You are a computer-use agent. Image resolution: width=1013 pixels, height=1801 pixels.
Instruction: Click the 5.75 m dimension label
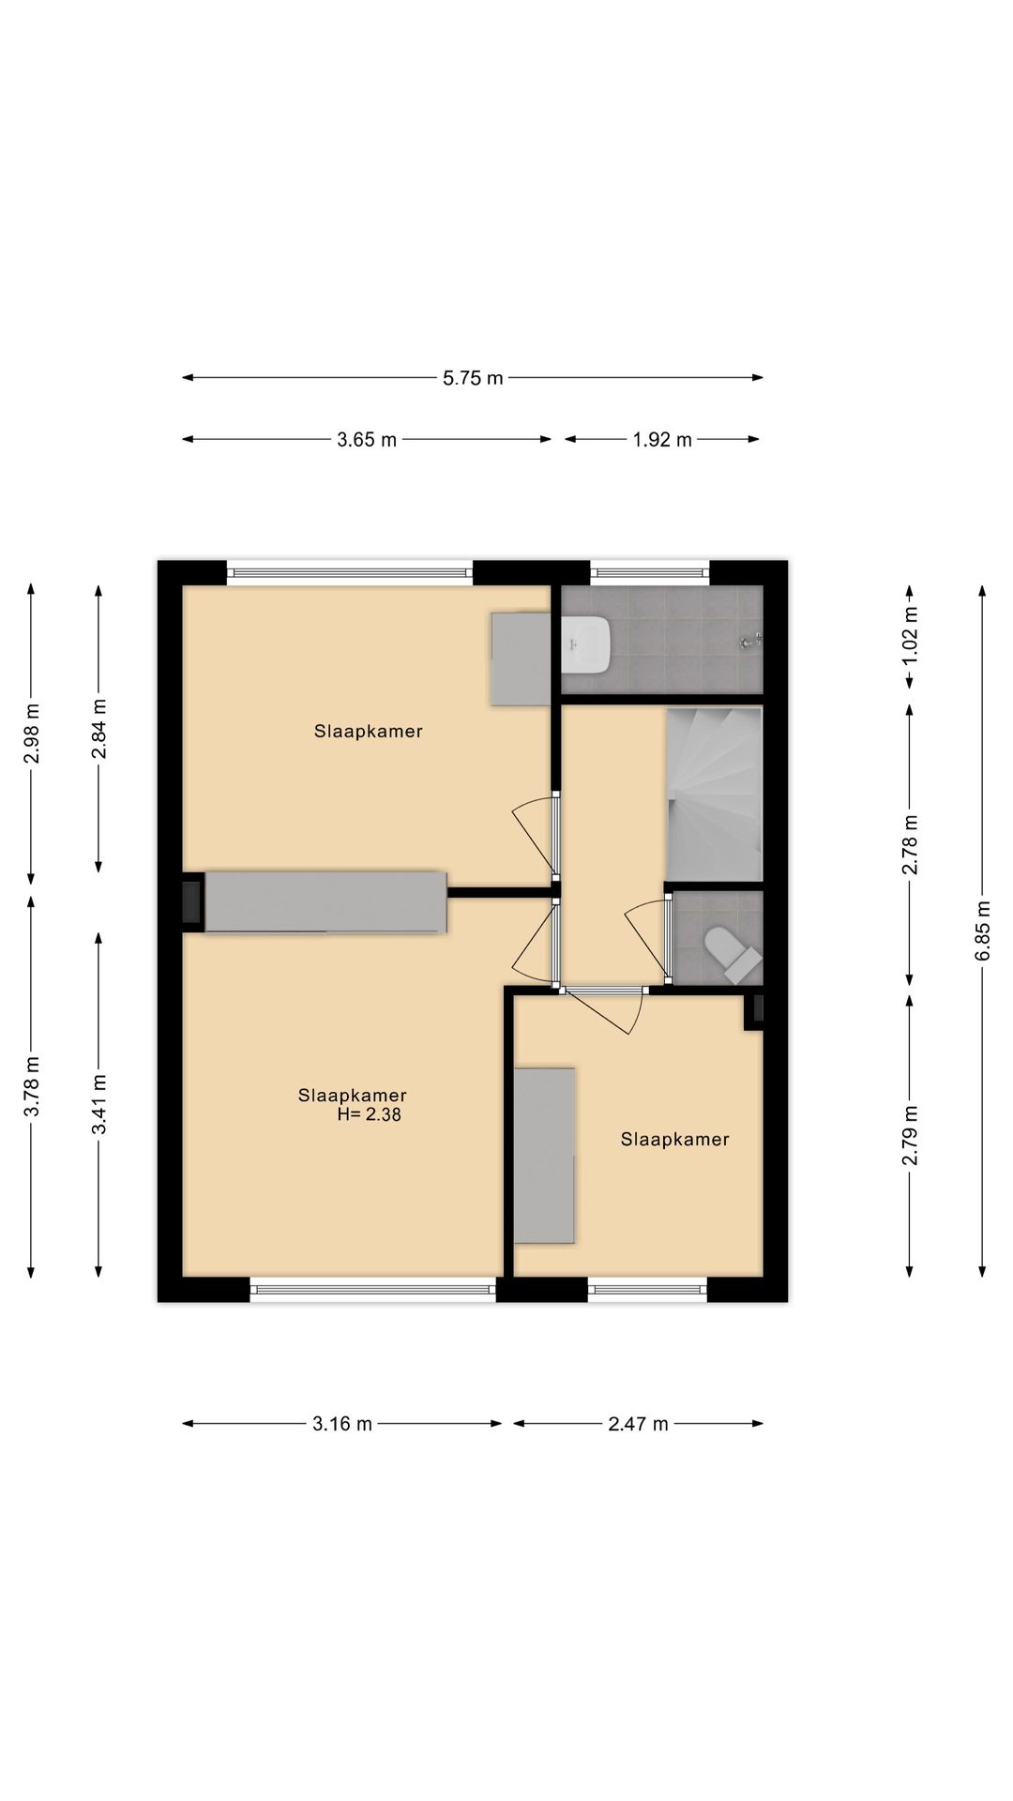tap(473, 378)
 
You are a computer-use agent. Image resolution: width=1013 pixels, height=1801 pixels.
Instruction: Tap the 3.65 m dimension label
tap(367, 439)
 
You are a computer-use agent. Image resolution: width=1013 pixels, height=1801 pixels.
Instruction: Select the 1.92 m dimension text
tap(662, 439)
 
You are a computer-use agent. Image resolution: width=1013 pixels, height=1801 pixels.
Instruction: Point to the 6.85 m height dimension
tap(982, 931)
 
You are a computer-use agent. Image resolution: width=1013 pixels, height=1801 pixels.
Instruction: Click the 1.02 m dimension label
tap(910, 635)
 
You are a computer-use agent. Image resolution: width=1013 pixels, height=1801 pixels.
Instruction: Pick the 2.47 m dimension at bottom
tap(638, 1424)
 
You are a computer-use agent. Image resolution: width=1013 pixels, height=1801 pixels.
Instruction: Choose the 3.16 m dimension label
tap(342, 1424)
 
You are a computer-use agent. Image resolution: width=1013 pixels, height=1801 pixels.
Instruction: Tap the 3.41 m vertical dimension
tap(98, 1104)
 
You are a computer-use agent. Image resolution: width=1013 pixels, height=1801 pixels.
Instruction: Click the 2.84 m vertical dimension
tap(98, 729)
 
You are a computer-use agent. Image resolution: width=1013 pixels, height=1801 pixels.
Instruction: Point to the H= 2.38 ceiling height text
tap(369, 1115)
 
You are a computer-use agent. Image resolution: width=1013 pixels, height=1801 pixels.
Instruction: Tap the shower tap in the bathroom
tap(749, 643)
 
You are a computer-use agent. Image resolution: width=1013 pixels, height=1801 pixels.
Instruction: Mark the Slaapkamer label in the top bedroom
tap(369, 732)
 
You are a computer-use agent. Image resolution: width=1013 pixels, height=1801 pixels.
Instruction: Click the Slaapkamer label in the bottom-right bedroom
tap(675, 1140)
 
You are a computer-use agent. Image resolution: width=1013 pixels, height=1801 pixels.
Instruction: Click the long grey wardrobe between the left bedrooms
tap(325, 902)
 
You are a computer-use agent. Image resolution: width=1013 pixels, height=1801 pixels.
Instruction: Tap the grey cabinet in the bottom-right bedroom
tap(544, 1156)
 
